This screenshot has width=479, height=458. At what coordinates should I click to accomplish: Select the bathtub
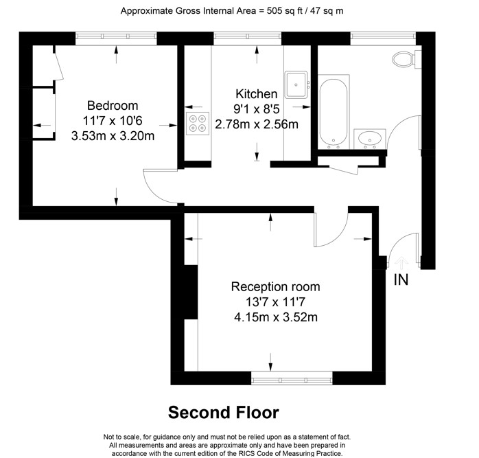[334, 112]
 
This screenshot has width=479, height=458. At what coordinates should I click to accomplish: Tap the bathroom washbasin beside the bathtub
[370, 139]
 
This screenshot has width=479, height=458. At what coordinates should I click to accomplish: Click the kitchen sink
[296, 84]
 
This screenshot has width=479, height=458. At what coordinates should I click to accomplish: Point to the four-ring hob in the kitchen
[198, 123]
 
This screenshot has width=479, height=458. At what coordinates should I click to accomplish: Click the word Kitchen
[256, 94]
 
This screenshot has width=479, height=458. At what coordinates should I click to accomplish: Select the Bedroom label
[113, 106]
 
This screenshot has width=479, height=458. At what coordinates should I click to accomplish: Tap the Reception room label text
[276, 287]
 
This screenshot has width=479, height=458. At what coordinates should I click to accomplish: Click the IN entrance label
[401, 279]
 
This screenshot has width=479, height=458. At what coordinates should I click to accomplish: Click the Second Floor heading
[223, 412]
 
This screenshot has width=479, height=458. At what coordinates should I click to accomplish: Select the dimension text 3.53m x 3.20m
[113, 136]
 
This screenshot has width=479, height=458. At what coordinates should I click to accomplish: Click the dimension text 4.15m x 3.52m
[276, 317]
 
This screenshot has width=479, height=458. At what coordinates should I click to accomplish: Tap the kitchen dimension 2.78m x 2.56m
[256, 124]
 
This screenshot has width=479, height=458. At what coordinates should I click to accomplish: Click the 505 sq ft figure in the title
[285, 11]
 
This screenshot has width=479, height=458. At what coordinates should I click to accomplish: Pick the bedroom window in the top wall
[116, 36]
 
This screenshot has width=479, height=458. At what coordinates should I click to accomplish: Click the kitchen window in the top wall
[247, 36]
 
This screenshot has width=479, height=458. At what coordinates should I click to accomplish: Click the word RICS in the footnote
[246, 453]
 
